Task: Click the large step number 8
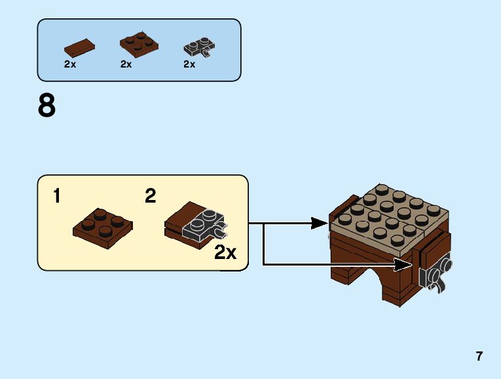pyautogui.click(x=46, y=106)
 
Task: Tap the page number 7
pyautogui.click(x=479, y=357)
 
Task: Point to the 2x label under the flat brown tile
pyautogui.click(x=70, y=64)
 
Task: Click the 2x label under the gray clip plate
pyautogui.click(x=189, y=64)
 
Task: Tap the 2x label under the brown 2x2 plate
pyautogui.click(x=126, y=64)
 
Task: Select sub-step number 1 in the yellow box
pyautogui.click(x=58, y=195)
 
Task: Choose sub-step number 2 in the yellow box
pyautogui.click(x=151, y=195)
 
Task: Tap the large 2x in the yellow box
pyautogui.click(x=225, y=253)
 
